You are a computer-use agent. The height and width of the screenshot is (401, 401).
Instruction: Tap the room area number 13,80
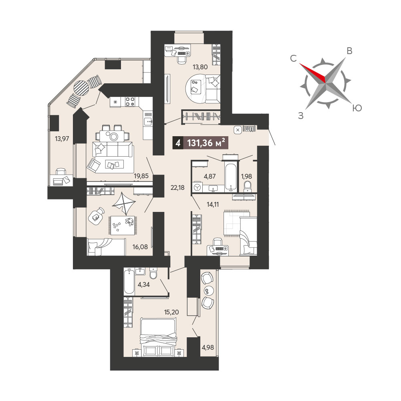pyautogui.click(x=200, y=67)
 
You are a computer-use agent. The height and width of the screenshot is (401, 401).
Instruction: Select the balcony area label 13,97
pyautogui.click(x=62, y=139)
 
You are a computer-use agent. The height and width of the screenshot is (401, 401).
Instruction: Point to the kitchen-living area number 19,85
pyautogui.click(x=141, y=176)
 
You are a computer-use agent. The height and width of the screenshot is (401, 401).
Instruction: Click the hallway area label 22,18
pyautogui.click(x=177, y=187)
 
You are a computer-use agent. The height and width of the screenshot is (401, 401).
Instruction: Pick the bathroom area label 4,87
pyautogui.click(x=210, y=176)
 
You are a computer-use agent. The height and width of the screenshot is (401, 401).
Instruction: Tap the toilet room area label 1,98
pyautogui.click(x=246, y=176)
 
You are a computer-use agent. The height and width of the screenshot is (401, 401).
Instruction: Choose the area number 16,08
pyautogui.click(x=140, y=247)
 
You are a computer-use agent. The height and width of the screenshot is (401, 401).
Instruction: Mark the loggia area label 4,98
pyautogui.click(x=208, y=347)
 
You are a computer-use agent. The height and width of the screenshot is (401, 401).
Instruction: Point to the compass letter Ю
pyautogui.click(x=357, y=108)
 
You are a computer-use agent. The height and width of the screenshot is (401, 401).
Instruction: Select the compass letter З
pyautogui.click(x=301, y=116)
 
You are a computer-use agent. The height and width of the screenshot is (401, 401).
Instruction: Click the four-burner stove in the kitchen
pyautogui.click(x=130, y=102)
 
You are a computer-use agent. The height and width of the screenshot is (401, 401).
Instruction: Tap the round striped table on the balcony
pyautogui.click(x=81, y=88)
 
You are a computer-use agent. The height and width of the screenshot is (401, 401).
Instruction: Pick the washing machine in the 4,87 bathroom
pyautogui.click(x=197, y=187)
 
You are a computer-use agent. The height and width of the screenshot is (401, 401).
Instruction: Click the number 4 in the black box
pyautogui.click(x=178, y=143)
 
